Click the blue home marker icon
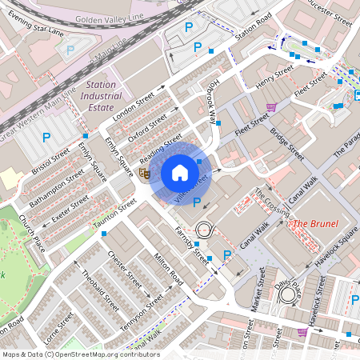tap(180, 172)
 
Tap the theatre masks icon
tap(145, 172)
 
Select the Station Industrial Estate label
tap(100, 96)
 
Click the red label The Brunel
tap(314, 223)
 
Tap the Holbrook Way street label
tap(206, 102)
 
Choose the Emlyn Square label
tap(118, 155)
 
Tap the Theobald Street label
tap(100, 290)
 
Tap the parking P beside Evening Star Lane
tap(70, 50)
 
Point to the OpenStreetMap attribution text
tap(80, 354)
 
